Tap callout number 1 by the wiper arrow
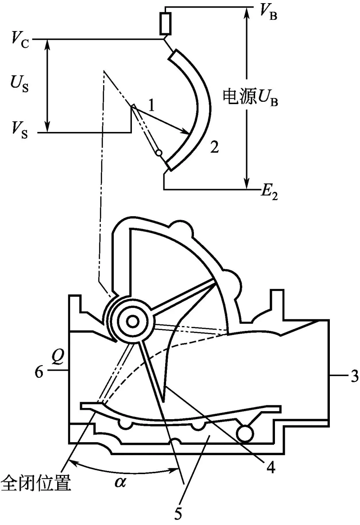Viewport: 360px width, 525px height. coord(152,106)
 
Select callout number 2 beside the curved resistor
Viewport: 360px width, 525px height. coord(215,147)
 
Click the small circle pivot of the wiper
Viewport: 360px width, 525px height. coord(158,153)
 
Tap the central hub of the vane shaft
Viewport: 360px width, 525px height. coord(132,321)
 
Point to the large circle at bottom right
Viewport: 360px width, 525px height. coord(246,434)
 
